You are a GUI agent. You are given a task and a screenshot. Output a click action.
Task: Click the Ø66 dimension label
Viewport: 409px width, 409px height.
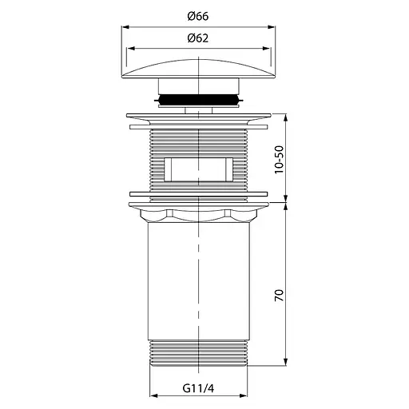pyautogui.click(x=198, y=17)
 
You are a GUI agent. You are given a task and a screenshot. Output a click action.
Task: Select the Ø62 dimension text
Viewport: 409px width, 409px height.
pyautogui.click(x=198, y=38)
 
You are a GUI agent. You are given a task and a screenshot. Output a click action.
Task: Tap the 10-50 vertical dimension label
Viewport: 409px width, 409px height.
pyautogui.click(x=280, y=160)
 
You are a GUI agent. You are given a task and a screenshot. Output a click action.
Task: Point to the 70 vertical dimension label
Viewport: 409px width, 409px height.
pyautogui.click(x=280, y=296)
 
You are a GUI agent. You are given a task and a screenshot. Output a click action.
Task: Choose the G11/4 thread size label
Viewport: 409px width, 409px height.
pyautogui.click(x=198, y=388)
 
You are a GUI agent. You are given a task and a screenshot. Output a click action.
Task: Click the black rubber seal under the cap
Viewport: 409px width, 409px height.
pyautogui.click(x=198, y=100)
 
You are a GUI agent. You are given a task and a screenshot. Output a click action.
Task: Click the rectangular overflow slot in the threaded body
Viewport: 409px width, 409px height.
pyautogui.click(x=199, y=169)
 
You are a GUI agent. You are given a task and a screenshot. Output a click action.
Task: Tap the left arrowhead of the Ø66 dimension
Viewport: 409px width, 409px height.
pyautogui.click(x=125, y=27)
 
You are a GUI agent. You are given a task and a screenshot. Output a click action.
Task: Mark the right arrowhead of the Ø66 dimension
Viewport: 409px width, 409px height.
pyautogui.click(x=272, y=27)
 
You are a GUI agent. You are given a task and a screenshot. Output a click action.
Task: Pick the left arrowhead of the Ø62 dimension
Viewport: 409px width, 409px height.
pyautogui.click(x=131, y=49)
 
